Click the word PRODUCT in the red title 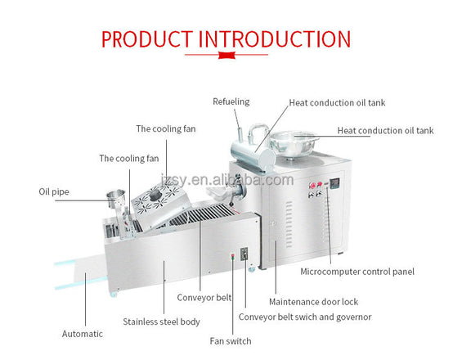pyautogui.click(x=147, y=39)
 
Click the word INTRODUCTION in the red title pyautogui.click(x=275, y=39)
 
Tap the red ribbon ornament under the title pyautogui.click(x=226, y=55)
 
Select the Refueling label pyautogui.click(x=231, y=101)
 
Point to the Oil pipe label pyautogui.click(x=54, y=191)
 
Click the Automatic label pyautogui.click(x=83, y=334)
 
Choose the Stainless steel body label pyautogui.click(x=162, y=322)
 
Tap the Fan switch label pyautogui.click(x=231, y=341)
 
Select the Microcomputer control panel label pyautogui.click(x=357, y=272)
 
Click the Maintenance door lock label pyautogui.click(x=313, y=302)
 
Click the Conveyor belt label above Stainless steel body pyautogui.click(x=204, y=298)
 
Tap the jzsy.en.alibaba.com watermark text pyautogui.click(x=227, y=180)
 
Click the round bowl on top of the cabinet pyautogui.click(x=294, y=144)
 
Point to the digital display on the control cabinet pyautogui.click(x=334, y=183)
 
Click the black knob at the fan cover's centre pyautogui.click(x=155, y=196)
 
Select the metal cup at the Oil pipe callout pyautogui.click(x=116, y=198)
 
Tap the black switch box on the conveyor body pyautogui.click(x=244, y=254)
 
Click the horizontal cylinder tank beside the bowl pyautogui.click(x=253, y=156)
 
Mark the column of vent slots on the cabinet pyautogui.click(x=289, y=224)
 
